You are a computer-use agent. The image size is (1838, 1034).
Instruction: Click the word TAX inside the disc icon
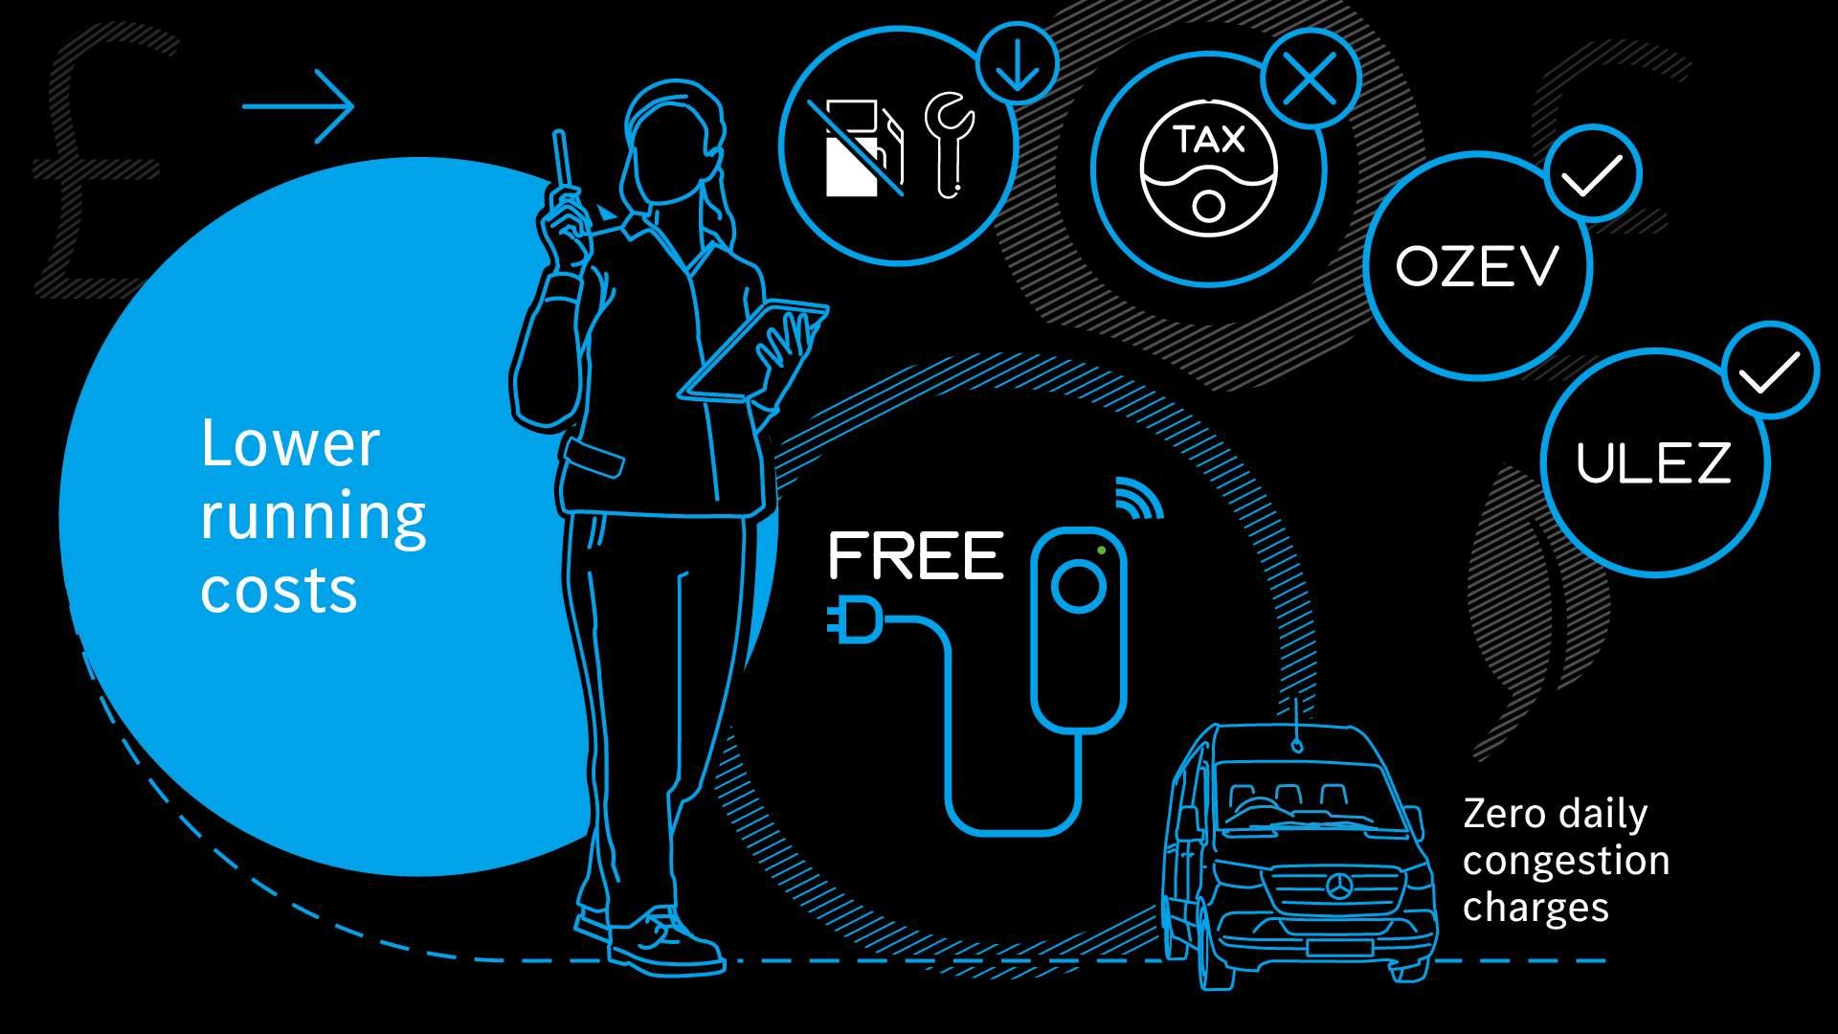pyautogui.click(x=1208, y=141)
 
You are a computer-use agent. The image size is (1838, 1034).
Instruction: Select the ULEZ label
pyautogui.click(x=1653, y=462)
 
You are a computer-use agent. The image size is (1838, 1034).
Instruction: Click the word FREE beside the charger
pyautogui.click(x=915, y=557)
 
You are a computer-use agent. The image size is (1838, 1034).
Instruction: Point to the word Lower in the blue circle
pyautogui.click(x=290, y=444)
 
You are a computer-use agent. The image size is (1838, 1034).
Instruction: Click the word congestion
pyautogui.click(x=1566, y=861)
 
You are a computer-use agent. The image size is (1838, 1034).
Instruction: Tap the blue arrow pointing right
pyautogui.click(x=299, y=105)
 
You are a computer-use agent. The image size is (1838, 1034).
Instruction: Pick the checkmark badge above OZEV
pyautogui.click(x=1591, y=175)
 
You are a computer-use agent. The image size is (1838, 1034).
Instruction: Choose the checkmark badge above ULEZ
pyautogui.click(x=1769, y=371)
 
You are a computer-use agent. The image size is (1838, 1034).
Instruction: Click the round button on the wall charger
pyautogui.click(x=1078, y=586)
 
